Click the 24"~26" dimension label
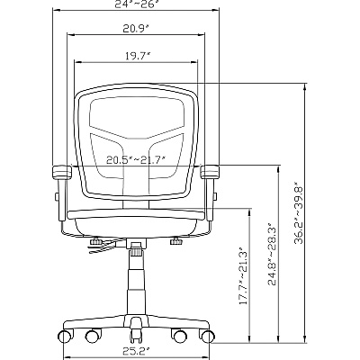point(136,4)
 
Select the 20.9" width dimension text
point(136,29)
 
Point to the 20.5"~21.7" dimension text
point(136,159)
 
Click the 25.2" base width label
point(136,350)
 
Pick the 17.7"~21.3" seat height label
point(243,276)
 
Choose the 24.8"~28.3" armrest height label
point(273,254)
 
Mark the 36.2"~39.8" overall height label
point(299,212)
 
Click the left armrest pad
point(62,172)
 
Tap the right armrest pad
point(210,171)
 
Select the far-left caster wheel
point(67,336)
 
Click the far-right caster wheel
point(208,336)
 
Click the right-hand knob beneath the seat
point(176,241)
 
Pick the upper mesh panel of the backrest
point(137,117)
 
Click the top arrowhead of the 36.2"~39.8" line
point(305,87)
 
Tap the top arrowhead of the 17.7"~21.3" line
point(249,211)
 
